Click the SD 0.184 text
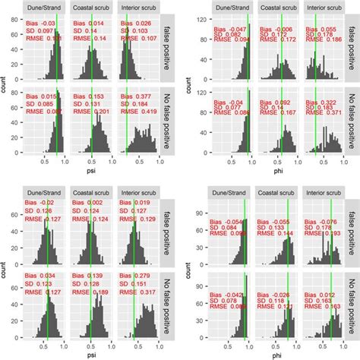135,105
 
